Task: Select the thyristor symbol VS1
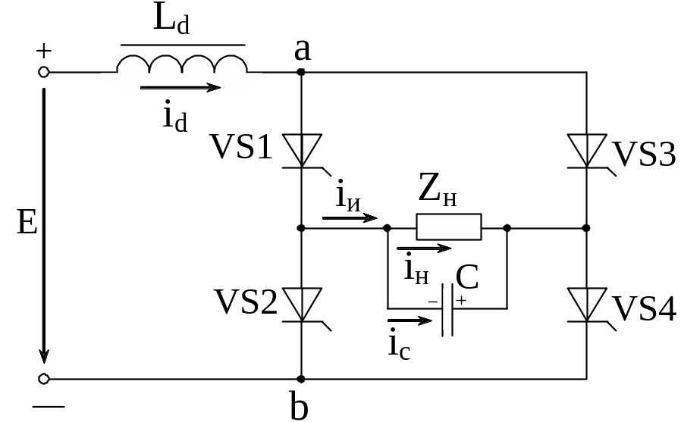302,150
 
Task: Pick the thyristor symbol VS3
587,150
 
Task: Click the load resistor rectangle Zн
449,227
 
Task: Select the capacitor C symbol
448,309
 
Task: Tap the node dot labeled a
302,72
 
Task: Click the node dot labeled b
302,378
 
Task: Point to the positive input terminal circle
44,72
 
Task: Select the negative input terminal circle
44,378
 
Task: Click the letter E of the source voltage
26,224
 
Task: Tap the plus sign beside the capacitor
460,301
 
